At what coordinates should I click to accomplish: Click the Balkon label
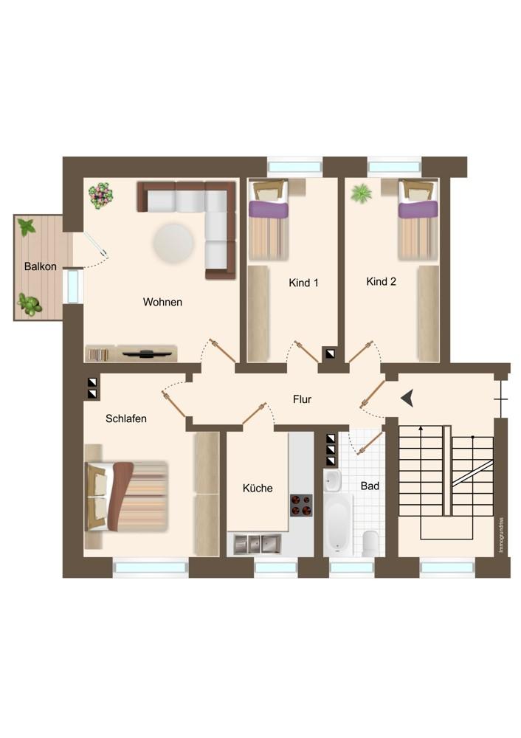click(41, 266)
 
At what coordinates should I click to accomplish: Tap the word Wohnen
click(162, 302)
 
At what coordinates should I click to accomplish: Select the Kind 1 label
click(303, 283)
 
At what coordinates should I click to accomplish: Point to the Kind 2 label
click(382, 281)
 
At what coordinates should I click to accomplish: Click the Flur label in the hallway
click(302, 399)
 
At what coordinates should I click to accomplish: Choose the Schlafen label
click(125, 418)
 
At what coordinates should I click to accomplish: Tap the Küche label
click(258, 488)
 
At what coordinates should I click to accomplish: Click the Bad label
click(370, 486)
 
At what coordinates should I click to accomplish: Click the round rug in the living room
click(173, 244)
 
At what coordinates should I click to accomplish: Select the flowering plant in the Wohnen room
click(101, 196)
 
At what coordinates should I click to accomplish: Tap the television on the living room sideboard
click(146, 353)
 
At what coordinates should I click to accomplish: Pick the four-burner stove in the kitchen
click(301, 505)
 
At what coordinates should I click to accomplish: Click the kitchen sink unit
click(257, 544)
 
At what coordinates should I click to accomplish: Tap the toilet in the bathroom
click(370, 542)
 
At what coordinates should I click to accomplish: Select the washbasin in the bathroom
click(333, 480)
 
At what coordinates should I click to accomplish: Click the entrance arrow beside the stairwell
click(407, 399)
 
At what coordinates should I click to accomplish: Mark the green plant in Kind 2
click(361, 193)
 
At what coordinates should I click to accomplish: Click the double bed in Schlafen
click(126, 497)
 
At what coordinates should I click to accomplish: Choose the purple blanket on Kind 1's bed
click(268, 209)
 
